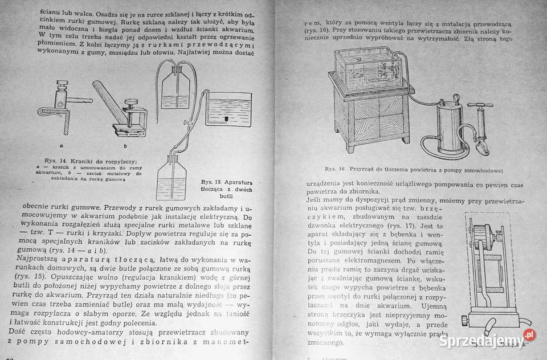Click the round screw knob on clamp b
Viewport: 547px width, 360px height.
pyautogui.click(x=130, y=105)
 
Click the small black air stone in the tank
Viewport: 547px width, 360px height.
pyautogui.click(x=226, y=118)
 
